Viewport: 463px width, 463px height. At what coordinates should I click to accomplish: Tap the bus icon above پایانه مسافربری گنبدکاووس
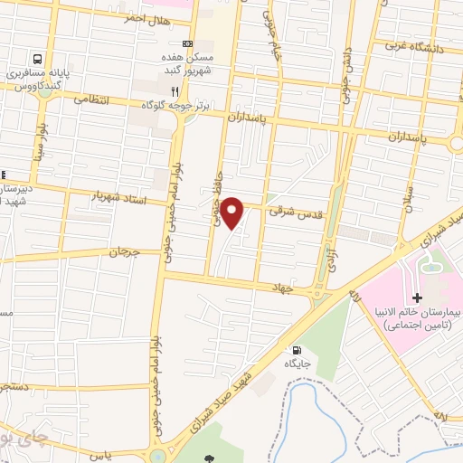coord(38,57)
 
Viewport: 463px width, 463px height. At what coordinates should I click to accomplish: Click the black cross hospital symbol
coord(416,298)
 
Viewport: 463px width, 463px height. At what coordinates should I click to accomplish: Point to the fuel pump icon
coord(295,349)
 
